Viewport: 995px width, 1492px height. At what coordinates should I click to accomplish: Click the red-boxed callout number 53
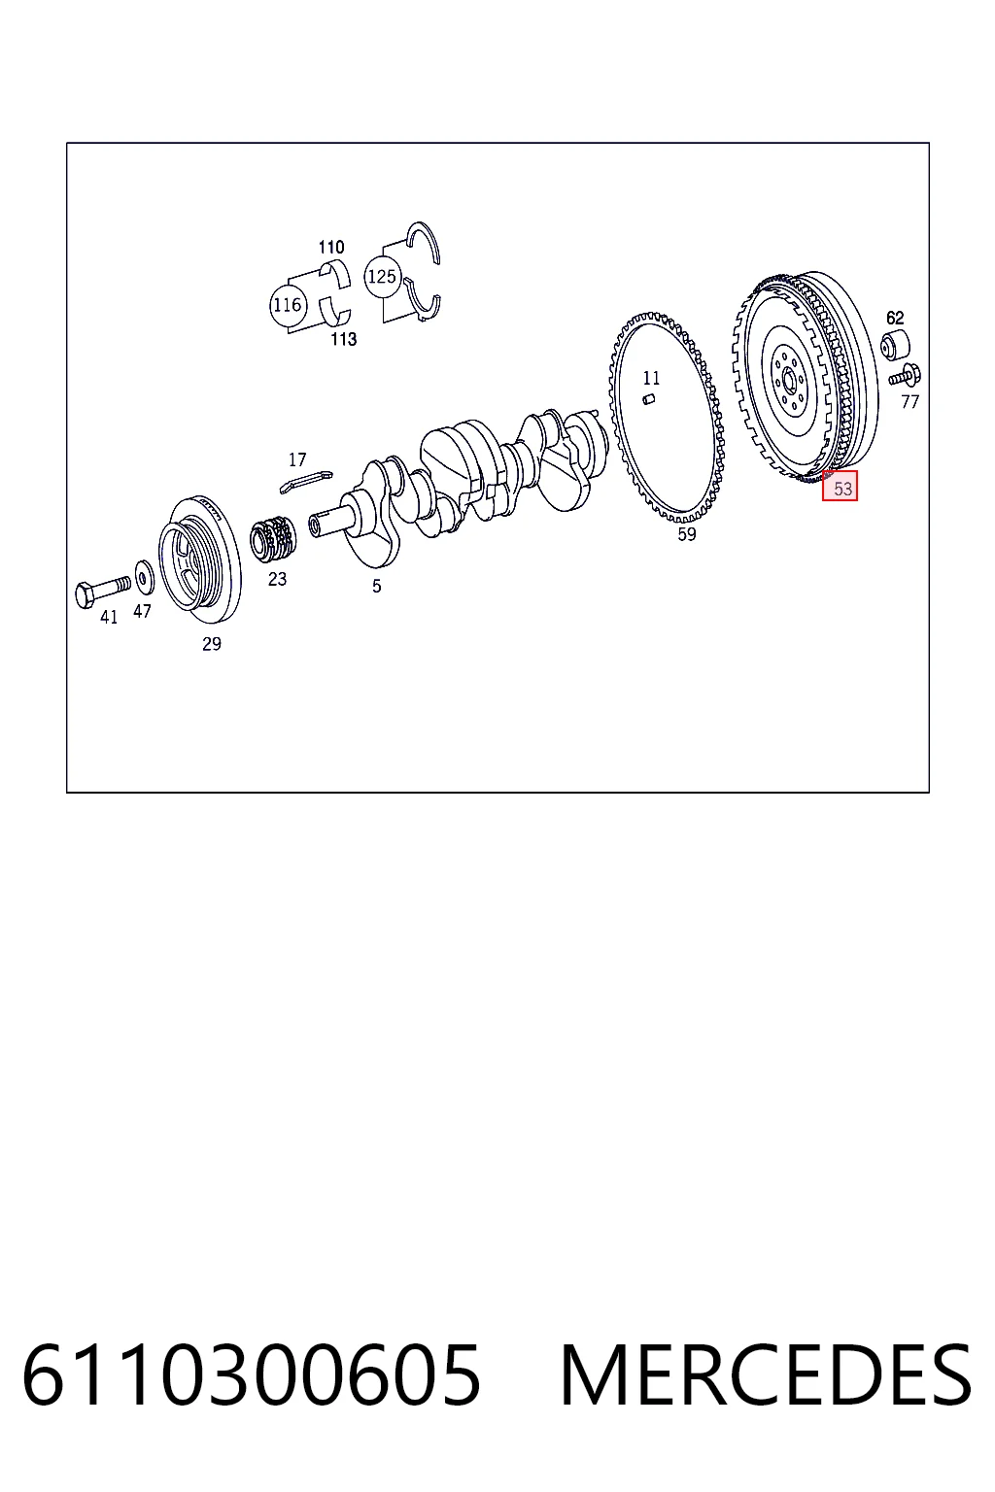840,487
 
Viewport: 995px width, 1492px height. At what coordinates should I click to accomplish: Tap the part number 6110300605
252,1374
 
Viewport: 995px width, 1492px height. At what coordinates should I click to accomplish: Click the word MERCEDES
766,1374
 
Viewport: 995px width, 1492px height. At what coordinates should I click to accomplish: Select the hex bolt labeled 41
104,591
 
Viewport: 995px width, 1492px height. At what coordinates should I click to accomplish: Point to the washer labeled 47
144,577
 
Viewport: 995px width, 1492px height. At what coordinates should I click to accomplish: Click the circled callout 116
288,305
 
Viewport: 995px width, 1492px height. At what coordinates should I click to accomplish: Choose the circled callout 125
382,276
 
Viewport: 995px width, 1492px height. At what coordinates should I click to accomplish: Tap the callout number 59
686,533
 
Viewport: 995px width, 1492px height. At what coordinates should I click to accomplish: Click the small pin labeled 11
648,399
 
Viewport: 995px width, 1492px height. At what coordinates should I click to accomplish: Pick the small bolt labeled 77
905,376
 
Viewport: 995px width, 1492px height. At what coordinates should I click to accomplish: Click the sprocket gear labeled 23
273,538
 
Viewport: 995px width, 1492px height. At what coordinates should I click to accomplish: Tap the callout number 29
211,643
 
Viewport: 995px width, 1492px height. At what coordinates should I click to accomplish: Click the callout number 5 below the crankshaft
377,586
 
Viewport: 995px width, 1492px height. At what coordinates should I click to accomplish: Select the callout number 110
331,247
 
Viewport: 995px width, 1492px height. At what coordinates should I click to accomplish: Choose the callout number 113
343,339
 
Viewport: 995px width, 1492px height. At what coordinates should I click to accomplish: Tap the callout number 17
297,458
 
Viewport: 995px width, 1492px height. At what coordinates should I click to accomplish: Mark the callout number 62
894,317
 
